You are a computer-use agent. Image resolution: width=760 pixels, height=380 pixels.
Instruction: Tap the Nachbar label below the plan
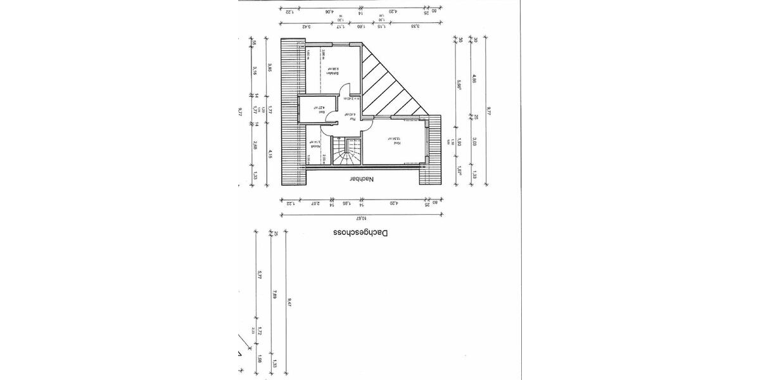[x=362, y=179]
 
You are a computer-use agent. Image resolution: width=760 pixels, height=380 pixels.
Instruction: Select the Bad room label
[x=322, y=108]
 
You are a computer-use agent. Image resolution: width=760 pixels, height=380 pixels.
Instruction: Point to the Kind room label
[x=395, y=143]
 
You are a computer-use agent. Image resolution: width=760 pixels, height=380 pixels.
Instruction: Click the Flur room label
[x=348, y=116]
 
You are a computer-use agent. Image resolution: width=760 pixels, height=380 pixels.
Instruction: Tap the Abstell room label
[x=312, y=146]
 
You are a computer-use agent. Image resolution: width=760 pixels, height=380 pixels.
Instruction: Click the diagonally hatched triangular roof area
[x=389, y=85]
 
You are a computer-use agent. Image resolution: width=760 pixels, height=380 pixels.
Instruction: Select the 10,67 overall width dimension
[x=363, y=217]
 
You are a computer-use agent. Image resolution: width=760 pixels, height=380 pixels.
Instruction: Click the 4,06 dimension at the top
[x=329, y=11]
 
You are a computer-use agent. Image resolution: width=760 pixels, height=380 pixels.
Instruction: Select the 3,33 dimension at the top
[x=414, y=27]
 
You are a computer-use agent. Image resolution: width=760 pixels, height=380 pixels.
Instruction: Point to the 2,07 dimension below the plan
[x=313, y=203]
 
